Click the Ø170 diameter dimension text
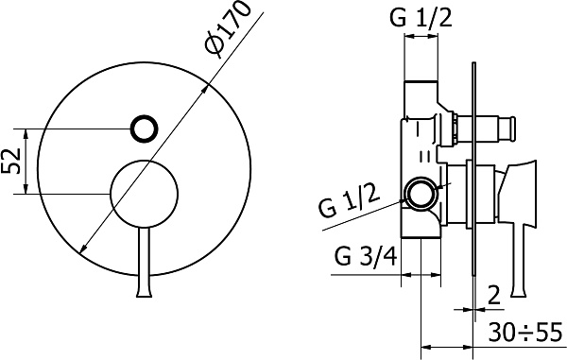coord(227,28)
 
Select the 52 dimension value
coord(10,161)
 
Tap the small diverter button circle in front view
coord(144,129)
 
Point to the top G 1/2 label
coord(421,17)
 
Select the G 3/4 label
coord(366,256)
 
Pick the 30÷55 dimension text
coord(525,332)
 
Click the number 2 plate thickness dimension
coord(494,295)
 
